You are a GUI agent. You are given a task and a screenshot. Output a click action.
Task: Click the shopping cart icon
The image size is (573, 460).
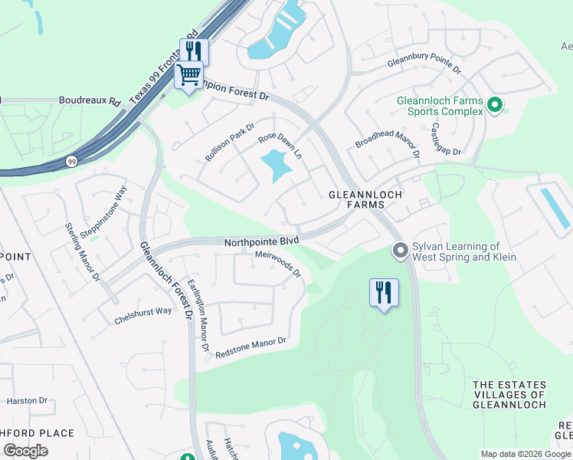(x=188, y=75)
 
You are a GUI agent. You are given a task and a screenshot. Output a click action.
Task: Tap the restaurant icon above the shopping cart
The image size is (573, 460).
(x=194, y=51)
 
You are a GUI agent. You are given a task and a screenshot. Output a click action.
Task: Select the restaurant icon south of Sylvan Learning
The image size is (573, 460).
(x=384, y=292)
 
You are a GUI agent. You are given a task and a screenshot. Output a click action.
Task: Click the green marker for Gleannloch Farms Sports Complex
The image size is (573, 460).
(x=494, y=104)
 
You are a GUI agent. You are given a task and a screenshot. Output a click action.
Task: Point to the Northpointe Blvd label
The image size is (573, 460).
(x=260, y=241)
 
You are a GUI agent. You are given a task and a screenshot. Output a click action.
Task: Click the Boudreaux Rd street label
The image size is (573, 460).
(x=90, y=100)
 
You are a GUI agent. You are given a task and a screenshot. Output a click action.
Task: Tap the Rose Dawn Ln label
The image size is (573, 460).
(x=280, y=143)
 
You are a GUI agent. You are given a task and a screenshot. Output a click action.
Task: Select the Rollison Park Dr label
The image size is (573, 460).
(x=229, y=141)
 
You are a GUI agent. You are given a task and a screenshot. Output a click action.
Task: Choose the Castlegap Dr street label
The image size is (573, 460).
(x=446, y=140)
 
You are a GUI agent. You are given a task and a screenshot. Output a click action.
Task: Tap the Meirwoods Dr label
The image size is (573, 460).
(x=278, y=264)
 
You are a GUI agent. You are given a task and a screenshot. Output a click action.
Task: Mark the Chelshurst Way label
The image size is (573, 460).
(x=143, y=311)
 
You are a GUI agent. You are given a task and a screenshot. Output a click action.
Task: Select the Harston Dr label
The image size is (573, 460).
(x=27, y=400)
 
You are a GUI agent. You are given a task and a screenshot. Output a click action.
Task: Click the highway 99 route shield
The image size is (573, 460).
(x=70, y=162)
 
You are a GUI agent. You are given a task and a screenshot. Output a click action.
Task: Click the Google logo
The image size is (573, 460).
(x=25, y=451)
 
